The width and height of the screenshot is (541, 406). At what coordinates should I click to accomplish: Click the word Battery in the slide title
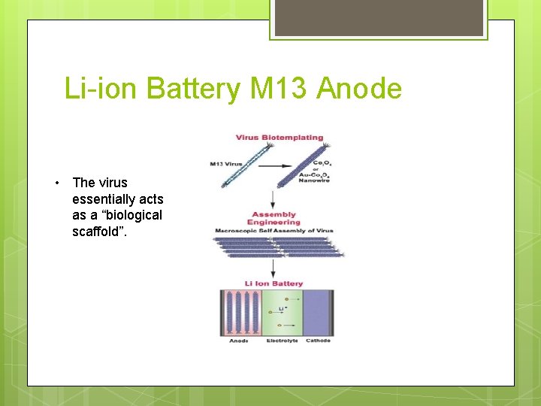pyautogui.click(x=193, y=89)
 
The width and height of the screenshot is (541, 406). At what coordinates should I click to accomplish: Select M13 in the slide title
pyautogui.click(x=278, y=89)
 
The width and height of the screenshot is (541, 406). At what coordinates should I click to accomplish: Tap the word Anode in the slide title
pyautogui.click(x=359, y=89)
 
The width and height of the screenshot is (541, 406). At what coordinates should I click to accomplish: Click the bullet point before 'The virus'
pyautogui.click(x=56, y=183)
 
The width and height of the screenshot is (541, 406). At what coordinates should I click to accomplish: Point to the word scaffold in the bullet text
pyautogui.click(x=98, y=232)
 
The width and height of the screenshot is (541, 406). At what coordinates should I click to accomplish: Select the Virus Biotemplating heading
pyautogui.click(x=279, y=138)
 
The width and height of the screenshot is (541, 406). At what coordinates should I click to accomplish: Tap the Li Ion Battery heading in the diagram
pyautogui.click(x=274, y=283)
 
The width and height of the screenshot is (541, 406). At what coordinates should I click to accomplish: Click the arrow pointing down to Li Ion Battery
pyautogui.click(x=274, y=268)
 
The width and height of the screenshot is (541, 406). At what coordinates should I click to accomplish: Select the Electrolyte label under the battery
pyautogui.click(x=282, y=341)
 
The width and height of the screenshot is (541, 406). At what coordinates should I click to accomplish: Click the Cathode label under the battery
pyautogui.click(x=318, y=341)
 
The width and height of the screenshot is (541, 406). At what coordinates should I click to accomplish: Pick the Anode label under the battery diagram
pyautogui.click(x=238, y=341)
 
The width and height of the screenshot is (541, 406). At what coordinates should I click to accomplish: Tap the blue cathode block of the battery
pyautogui.click(x=317, y=313)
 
